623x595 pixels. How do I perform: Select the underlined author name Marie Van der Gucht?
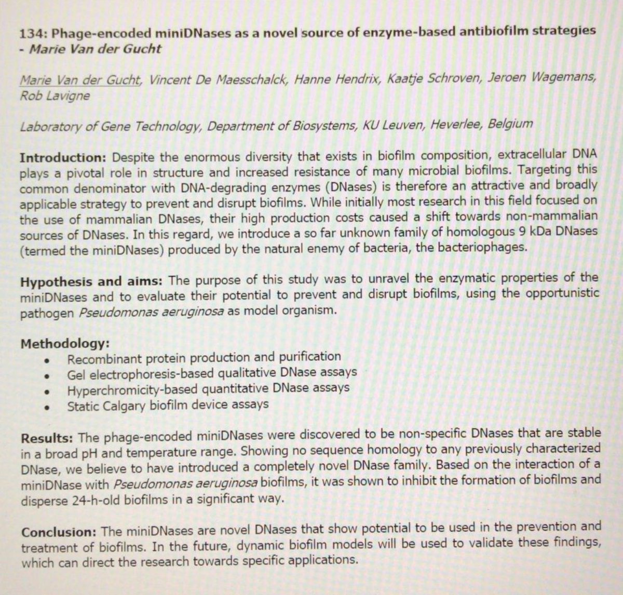(79, 80)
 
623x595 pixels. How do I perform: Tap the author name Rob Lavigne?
(55, 96)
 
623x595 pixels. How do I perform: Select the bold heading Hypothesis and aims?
(91, 282)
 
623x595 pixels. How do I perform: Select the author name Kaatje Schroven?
(434, 79)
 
